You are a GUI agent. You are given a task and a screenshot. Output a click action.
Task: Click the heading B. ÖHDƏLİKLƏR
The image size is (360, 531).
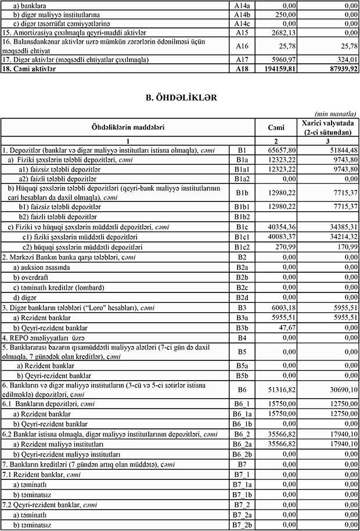pos(179,98)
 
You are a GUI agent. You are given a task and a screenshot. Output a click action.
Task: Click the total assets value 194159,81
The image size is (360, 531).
pos(276,68)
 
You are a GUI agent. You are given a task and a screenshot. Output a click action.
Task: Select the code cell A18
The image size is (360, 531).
pos(242,68)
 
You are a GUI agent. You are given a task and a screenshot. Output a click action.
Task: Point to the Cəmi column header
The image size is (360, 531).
pos(276,127)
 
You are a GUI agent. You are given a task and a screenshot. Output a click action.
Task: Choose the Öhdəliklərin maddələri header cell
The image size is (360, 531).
pos(127,127)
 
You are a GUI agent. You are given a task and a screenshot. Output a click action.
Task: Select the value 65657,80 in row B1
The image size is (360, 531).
pos(278,150)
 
